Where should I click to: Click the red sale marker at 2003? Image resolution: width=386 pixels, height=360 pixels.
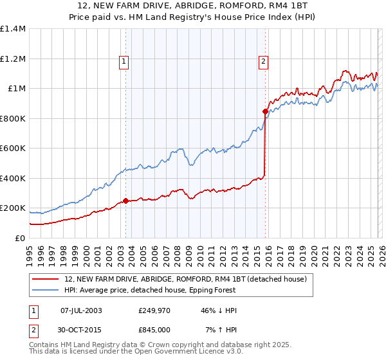(125, 201)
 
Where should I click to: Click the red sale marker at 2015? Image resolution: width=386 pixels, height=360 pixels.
(265, 111)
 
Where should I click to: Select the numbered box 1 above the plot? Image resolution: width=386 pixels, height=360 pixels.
(124, 62)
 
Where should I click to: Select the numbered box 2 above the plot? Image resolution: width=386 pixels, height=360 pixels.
(264, 62)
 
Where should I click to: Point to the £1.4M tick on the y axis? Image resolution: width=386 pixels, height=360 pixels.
(13, 29)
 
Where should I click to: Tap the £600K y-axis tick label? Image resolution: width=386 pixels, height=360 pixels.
(13, 148)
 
